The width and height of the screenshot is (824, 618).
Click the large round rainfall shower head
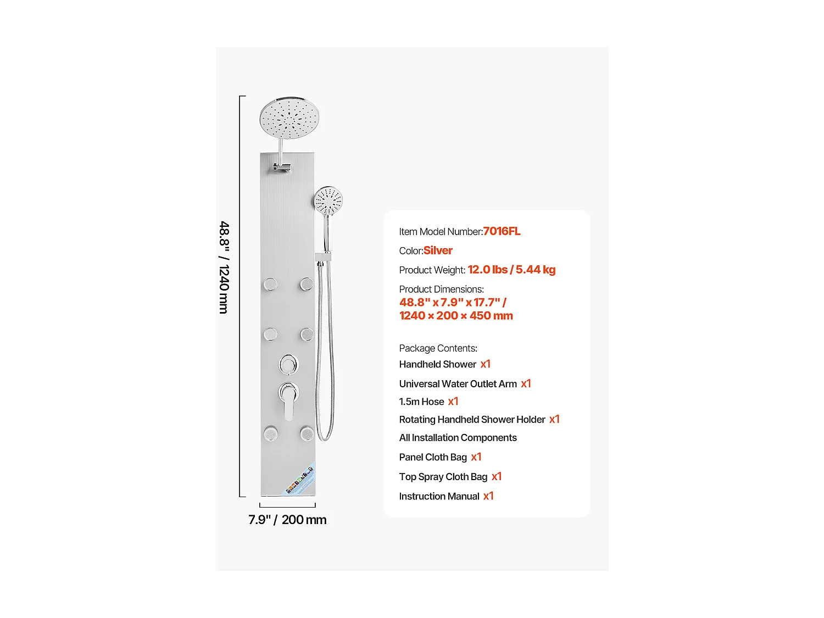tap(289, 119)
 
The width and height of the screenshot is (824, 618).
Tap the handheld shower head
tap(328, 202)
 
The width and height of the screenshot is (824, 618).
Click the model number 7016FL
tap(502, 231)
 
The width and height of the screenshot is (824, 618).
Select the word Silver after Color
tap(438, 250)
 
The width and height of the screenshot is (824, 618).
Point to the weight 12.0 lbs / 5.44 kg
tap(511, 270)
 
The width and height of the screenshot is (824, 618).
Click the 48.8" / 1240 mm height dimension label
tap(224, 268)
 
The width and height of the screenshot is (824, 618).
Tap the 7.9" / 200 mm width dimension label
tap(287, 520)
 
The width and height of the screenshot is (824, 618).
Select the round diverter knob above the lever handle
tap(288, 364)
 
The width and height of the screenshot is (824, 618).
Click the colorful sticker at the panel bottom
tap(301, 479)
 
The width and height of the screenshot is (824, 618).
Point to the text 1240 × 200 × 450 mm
tap(456, 316)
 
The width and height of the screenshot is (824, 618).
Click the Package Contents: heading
tap(438, 348)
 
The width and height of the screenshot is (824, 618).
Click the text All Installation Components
tap(458, 438)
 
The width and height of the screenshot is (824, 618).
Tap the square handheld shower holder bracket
tap(323, 257)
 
